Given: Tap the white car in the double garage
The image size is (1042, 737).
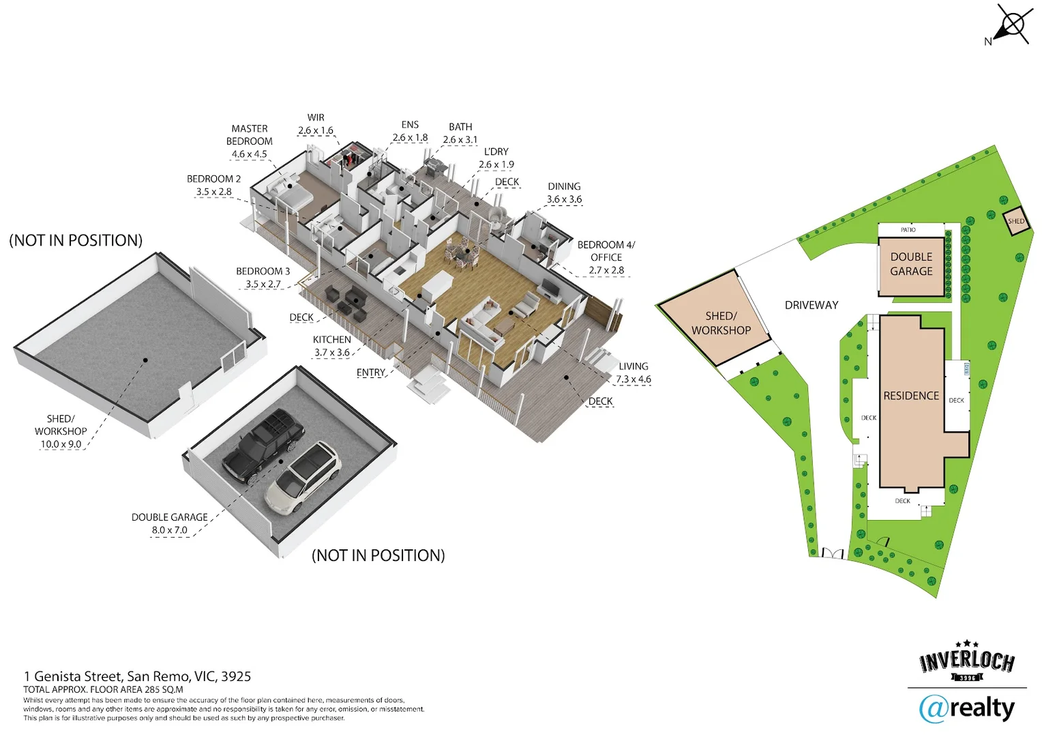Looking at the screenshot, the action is [x=303, y=477].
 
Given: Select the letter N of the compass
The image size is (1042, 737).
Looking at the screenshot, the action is [x=988, y=42].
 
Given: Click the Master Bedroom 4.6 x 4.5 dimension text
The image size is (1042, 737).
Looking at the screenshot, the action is [x=250, y=154].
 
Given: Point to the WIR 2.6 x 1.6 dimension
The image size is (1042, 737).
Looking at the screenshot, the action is [x=315, y=130].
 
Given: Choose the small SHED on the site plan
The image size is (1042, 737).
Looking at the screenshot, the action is [x=1016, y=220].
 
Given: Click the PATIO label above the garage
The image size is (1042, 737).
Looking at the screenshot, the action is [x=908, y=229].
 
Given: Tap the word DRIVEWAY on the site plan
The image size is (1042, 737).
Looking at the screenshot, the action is [x=812, y=305].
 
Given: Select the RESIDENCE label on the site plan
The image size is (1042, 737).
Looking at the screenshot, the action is [x=911, y=396].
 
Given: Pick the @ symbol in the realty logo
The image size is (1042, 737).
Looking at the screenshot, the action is [x=933, y=710].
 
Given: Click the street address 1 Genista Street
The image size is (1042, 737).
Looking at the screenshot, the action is [x=74, y=676].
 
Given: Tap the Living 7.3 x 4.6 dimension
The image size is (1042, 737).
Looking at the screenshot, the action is [x=633, y=379].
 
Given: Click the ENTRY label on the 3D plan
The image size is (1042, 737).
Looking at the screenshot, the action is [x=371, y=373].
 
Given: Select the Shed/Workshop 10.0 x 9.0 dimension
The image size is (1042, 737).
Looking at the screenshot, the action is [x=61, y=444].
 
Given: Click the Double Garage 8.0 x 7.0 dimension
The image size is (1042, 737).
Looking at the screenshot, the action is [x=169, y=530].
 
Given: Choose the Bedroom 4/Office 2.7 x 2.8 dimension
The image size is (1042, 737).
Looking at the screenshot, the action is [x=606, y=270].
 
